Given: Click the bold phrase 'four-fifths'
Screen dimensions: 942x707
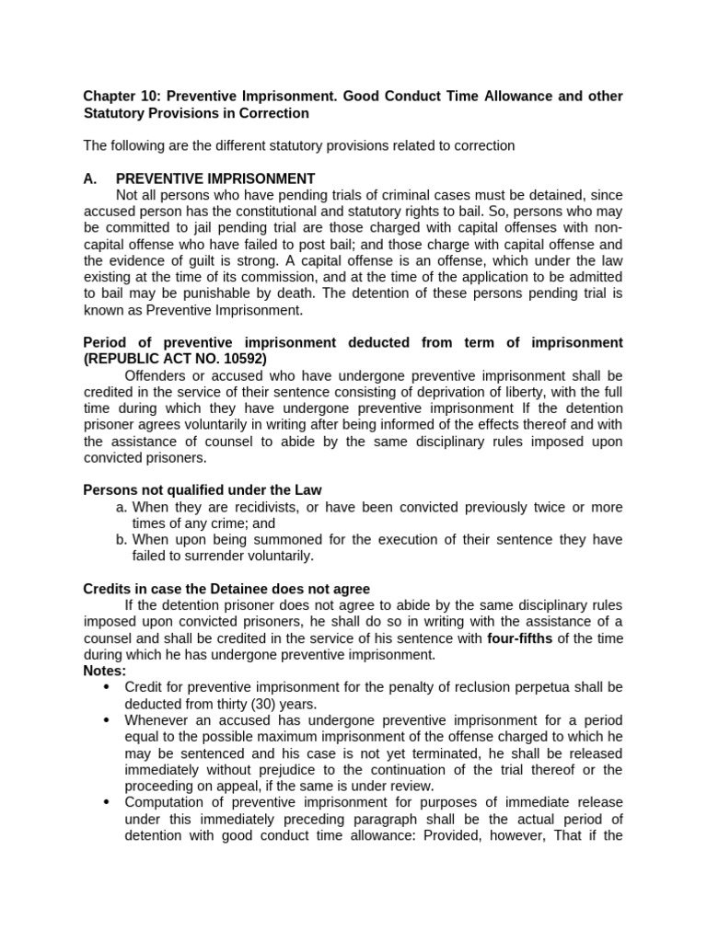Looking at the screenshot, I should coord(521,638).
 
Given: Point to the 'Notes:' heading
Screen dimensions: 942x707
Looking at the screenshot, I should coord(104,671).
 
